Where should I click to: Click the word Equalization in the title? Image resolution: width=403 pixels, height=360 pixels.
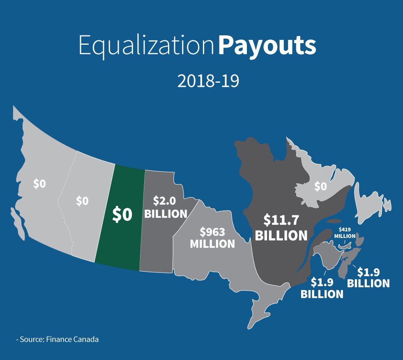click(x=146, y=46)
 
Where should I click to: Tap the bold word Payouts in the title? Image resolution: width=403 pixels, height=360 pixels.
click(x=267, y=46)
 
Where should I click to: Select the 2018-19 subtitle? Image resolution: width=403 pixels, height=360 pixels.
click(x=208, y=81)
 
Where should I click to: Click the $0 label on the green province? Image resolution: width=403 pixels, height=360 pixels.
click(x=122, y=215)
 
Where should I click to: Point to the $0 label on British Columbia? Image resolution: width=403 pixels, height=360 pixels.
click(x=39, y=184)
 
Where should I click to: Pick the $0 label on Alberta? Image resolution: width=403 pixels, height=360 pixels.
click(x=82, y=201)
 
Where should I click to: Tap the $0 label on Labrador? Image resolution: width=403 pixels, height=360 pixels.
click(x=320, y=186)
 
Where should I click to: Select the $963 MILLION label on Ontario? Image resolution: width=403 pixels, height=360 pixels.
click(x=212, y=237)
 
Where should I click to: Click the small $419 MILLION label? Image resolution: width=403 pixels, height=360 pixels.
click(x=344, y=233)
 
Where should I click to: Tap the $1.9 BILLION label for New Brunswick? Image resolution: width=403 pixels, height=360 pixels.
click(x=322, y=288)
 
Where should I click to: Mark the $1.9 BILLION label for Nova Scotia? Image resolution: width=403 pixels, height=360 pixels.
click(x=368, y=277)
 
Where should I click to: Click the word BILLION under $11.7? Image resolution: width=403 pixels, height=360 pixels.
click(x=281, y=235)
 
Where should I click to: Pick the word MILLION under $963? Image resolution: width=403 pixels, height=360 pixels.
click(x=212, y=243)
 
